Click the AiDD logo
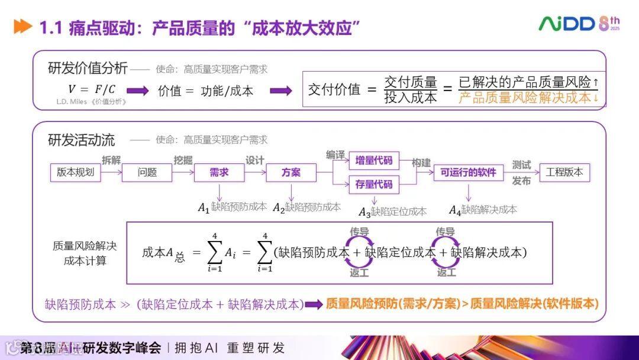pyautogui.click(x=567, y=24)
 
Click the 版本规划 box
pyautogui.click(x=75, y=172)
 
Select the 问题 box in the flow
pyautogui.click(x=147, y=172)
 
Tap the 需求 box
pyautogui.click(x=219, y=172)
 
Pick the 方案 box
pyautogui.click(x=291, y=172)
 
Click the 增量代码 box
pyautogui.click(x=374, y=160)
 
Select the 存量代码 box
pyautogui.click(x=374, y=185)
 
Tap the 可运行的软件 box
pyautogui.click(x=469, y=172)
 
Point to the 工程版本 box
pyautogui.click(x=564, y=172)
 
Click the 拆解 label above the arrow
pyautogui.click(x=111, y=160)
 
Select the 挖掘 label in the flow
pyautogui.click(x=183, y=160)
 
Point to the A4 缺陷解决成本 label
pyautogui.click(x=483, y=210)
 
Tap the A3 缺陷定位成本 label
pyautogui.click(x=393, y=211)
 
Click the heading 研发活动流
pyautogui.click(x=81, y=140)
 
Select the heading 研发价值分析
pyautogui.click(x=88, y=68)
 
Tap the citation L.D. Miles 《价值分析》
pyautogui.click(x=92, y=102)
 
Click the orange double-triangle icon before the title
pyautogui.click(x=22, y=27)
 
